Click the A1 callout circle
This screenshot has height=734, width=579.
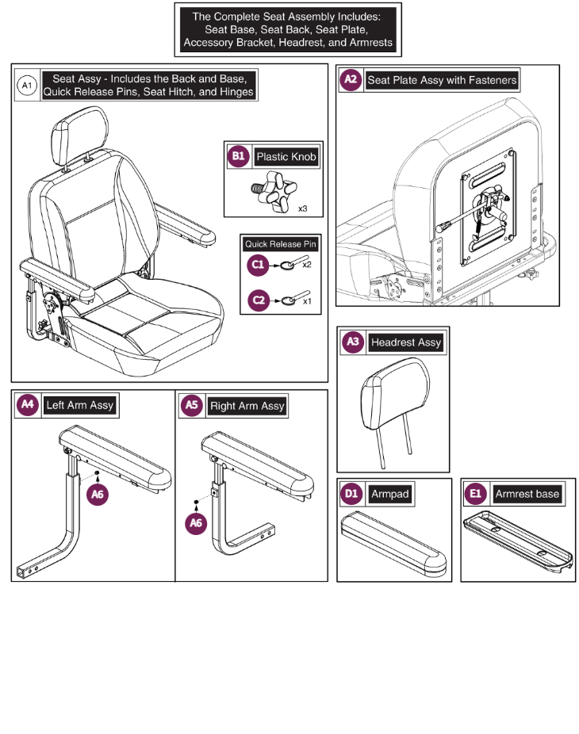point(27,85)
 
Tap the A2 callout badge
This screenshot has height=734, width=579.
point(351,79)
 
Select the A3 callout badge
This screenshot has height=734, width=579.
point(353,342)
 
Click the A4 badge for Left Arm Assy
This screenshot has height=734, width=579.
point(28,404)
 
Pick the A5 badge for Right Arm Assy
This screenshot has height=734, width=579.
point(192,405)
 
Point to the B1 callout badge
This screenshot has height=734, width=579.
point(239,156)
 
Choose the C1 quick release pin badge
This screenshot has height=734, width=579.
point(258,265)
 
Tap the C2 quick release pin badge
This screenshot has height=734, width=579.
point(259,300)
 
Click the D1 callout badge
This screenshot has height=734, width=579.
point(351,493)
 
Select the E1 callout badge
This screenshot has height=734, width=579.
point(475,493)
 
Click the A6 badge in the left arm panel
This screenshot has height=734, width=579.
point(98,495)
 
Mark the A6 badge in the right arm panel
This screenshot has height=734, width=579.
point(196,523)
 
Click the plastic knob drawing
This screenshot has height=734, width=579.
point(274,192)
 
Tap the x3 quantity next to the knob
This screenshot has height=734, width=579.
point(303,208)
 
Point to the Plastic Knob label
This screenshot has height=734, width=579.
point(286,157)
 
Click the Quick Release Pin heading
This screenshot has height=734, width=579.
point(281,244)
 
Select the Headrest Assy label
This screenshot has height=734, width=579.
point(406,342)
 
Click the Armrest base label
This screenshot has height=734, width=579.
point(527,494)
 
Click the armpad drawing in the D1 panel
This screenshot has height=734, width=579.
point(393,543)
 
